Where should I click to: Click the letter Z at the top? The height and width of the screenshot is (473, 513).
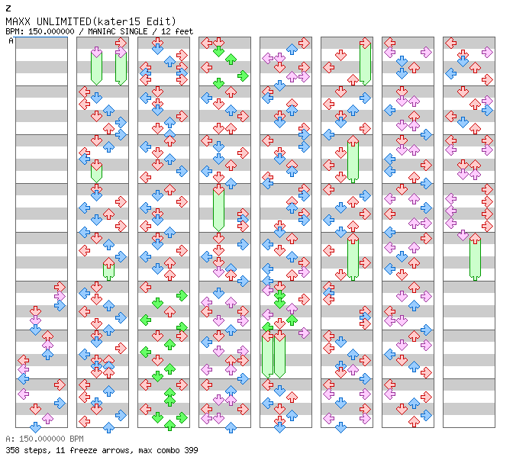tap(8, 8)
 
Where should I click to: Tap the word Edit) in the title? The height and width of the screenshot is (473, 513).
tap(161, 21)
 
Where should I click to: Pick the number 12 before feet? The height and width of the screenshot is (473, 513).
tap(168, 31)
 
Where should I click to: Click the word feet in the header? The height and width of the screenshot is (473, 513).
tap(184, 31)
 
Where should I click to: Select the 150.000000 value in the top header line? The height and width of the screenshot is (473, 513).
tap(50, 31)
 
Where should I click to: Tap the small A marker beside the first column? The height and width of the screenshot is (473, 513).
tap(11, 41)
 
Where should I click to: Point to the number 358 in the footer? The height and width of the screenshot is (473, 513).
tap(12, 450)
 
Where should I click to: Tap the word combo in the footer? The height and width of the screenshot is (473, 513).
tap(162, 450)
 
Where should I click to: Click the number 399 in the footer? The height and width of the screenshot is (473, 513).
tap(189, 450)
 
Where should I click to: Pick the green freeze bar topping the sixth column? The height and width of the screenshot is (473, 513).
tap(365, 61)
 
